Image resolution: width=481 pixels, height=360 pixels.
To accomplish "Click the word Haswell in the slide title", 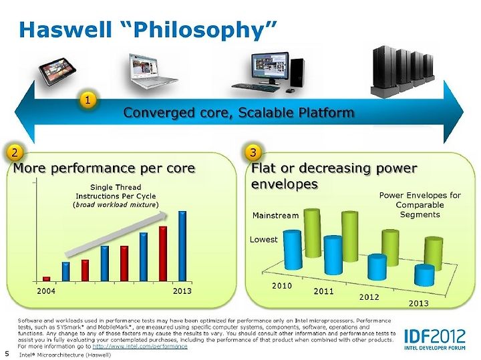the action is click(x=65, y=30).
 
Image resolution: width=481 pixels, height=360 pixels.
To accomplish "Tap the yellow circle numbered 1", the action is click(x=88, y=100).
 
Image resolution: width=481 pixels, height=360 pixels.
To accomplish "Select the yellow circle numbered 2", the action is click(x=15, y=152).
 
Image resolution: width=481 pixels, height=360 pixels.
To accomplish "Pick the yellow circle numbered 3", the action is click(x=253, y=152).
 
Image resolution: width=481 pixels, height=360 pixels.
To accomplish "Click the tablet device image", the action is click(x=57, y=73).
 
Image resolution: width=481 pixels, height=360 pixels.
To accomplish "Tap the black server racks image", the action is click(x=402, y=71).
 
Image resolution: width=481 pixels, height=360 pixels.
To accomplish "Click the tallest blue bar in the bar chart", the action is click(x=182, y=246).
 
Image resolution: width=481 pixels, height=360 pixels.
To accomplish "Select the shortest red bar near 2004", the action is click(x=46, y=279).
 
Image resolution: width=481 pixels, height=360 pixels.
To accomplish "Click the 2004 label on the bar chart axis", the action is click(x=46, y=291).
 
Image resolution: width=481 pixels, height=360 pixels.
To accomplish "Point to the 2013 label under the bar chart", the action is click(x=182, y=291).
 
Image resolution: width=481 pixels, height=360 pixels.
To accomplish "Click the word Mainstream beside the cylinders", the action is click(x=275, y=216).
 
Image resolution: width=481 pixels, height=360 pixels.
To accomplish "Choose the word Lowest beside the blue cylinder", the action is click(x=263, y=240).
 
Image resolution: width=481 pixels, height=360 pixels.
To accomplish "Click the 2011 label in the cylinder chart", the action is click(x=323, y=291).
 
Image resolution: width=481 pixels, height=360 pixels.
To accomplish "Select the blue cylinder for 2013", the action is click(x=424, y=275).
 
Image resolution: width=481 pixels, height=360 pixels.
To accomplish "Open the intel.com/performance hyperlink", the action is click(x=140, y=346).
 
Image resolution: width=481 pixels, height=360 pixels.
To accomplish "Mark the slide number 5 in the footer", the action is click(x=7, y=354).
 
